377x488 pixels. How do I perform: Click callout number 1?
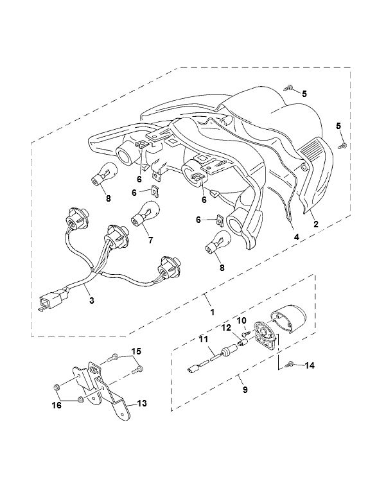click(213, 312)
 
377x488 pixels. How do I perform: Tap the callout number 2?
click(316, 224)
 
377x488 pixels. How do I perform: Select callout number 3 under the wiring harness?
click(92, 301)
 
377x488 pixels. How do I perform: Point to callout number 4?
click(296, 237)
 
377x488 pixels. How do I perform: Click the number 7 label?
click(151, 240)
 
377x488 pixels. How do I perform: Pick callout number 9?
click(245, 389)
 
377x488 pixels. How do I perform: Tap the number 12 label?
click(226, 327)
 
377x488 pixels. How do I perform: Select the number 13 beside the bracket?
click(142, 403)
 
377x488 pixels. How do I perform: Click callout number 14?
click(310, 365)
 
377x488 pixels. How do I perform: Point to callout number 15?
click(136, 351)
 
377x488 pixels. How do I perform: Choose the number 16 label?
click(57, 405)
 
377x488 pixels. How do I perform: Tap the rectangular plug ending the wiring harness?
click(46, 302)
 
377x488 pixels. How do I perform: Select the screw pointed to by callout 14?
click(292, 363)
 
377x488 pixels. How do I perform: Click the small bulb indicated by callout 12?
click(242, 344)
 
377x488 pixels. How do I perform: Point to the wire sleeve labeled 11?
click(216, 356)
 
